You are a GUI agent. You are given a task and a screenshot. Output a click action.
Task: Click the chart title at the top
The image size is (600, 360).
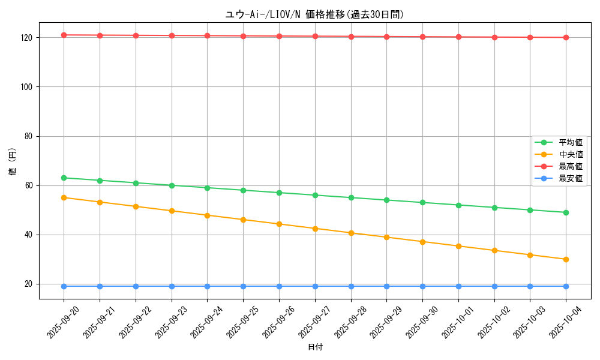click(x=314, y=15)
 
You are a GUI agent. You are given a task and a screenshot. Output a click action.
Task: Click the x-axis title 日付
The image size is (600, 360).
click(x=315, y=347)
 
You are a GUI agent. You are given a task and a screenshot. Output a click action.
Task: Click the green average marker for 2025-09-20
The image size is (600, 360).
click(x=64, y=178)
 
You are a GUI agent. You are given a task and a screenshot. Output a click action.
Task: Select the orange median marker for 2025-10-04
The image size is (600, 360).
click(x=566, y=259)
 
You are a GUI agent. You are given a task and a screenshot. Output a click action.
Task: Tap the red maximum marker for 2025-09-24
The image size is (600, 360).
click(x=207, y=36)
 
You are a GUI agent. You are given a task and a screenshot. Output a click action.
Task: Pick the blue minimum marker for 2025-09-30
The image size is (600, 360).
click(x=422, y=286)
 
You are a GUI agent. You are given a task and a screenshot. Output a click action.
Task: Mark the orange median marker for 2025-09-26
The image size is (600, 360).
click(x=279, y=224)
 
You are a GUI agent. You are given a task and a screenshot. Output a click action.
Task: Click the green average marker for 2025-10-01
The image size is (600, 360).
click(x=458, y=205)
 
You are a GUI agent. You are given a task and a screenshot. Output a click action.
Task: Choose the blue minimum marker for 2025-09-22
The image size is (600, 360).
click(x=136, y=286)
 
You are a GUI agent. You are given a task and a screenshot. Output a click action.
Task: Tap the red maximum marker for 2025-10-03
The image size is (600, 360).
click(x=530, y=37)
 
